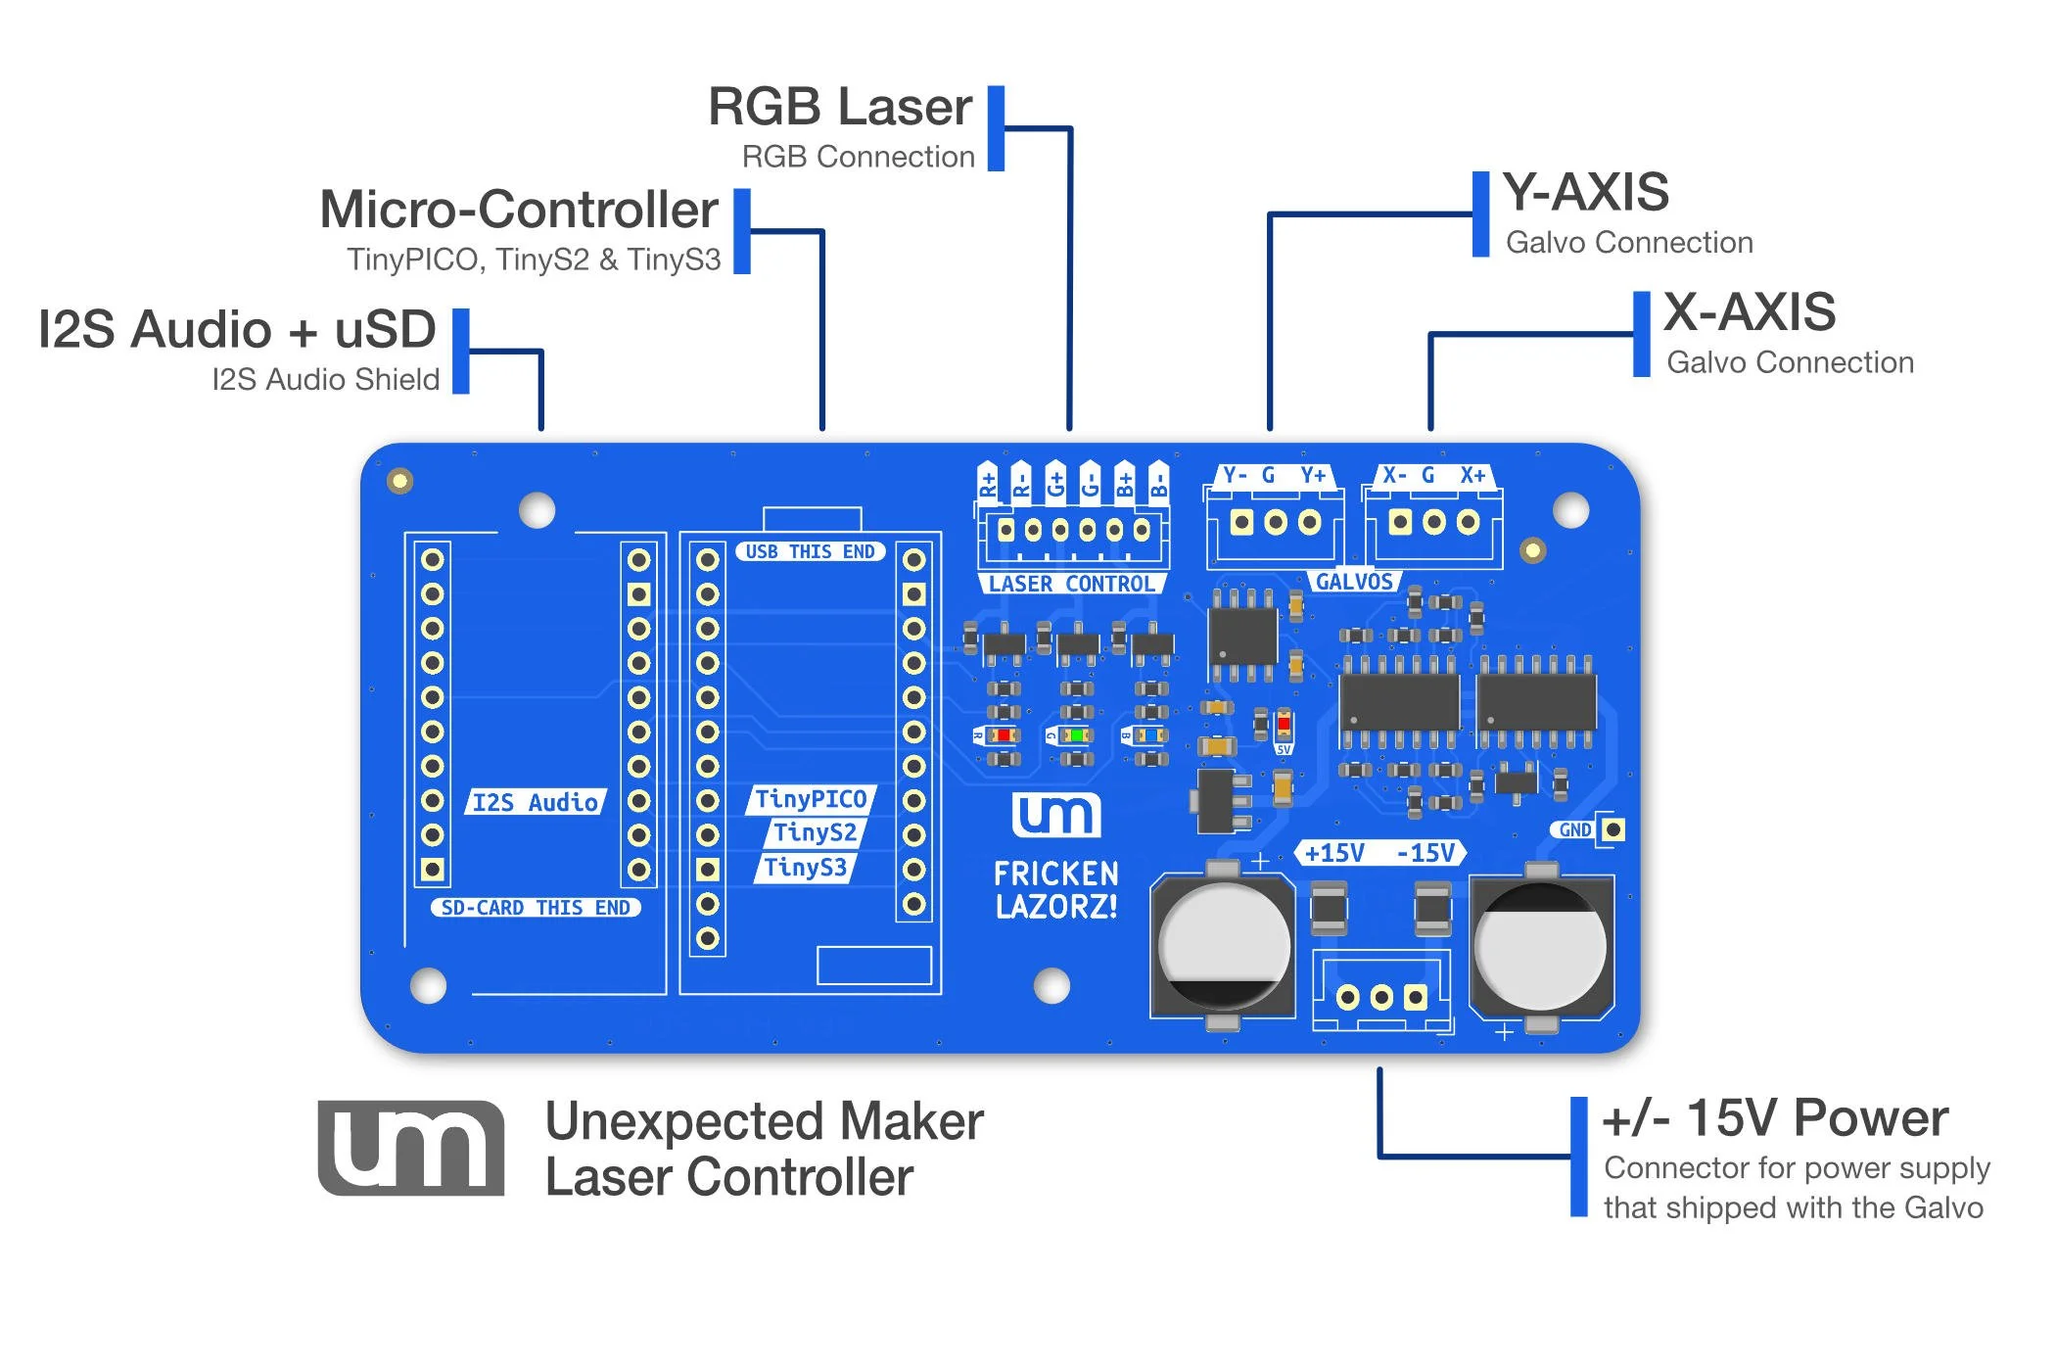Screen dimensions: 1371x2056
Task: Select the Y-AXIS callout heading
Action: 1585,192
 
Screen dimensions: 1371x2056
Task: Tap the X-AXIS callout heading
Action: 1749,312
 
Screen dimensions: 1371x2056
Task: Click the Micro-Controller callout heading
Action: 519,210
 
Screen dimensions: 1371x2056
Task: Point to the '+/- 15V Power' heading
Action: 1774,1117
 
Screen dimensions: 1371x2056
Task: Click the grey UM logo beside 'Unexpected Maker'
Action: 411,1148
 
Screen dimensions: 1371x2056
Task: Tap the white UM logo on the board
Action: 1055,815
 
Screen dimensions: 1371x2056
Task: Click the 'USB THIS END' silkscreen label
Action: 810,551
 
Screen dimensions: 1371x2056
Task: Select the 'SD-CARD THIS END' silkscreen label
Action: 536,908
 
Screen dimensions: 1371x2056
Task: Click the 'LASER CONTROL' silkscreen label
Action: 1071,584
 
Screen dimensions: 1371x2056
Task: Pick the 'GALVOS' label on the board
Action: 1353,582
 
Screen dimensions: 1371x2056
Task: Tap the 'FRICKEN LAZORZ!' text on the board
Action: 1055,889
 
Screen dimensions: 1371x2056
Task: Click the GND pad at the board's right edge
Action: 1613,829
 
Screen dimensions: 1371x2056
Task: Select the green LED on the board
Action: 1076,734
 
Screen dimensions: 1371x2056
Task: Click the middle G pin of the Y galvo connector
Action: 1275,522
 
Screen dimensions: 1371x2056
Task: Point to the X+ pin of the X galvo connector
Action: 1468,522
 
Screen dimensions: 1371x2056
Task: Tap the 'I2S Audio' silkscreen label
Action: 535,802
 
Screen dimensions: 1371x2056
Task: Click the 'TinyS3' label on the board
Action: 805,868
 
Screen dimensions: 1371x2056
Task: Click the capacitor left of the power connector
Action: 1223,947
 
